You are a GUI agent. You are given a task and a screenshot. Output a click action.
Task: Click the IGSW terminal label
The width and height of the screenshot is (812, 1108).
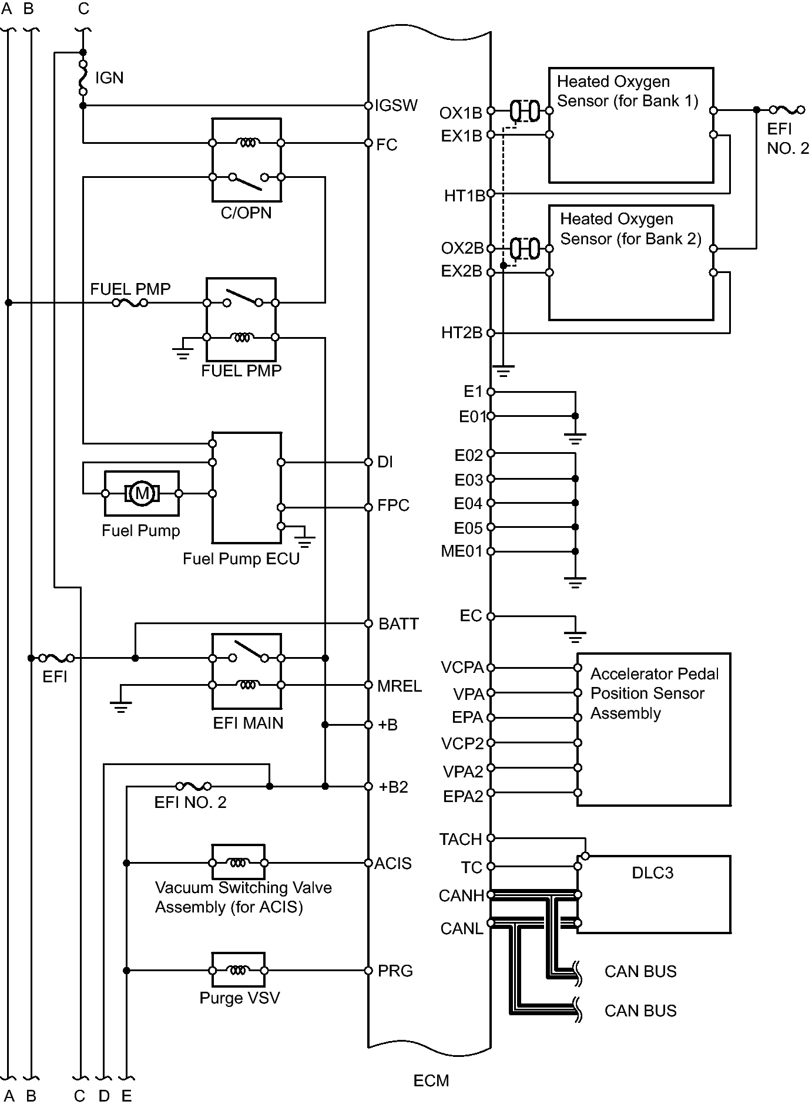[x=397, y=106]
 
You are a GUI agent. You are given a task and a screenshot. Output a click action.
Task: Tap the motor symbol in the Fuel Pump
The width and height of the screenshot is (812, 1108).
[x=142, y=493]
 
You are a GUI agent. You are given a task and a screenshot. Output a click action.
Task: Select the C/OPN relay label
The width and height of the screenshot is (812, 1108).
[x=246, y=213]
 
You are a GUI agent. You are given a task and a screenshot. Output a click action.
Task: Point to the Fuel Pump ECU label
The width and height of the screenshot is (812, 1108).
[x=241, y=558]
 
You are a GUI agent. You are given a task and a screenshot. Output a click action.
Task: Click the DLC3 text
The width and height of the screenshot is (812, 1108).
[x=652, y=873]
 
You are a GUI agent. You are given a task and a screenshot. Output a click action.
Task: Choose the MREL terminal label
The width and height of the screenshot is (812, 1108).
[x=400, y=686]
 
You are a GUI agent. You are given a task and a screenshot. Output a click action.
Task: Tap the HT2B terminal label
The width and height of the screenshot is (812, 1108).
[x=462, y=333]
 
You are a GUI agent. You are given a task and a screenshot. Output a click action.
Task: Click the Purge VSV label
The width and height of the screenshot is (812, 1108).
[x=240, y=998]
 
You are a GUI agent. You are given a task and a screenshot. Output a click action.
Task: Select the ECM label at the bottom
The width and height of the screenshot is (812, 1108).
[x=431, y=1080]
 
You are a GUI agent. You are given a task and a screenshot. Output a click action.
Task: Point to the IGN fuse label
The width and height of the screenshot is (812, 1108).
[x=109, y=78]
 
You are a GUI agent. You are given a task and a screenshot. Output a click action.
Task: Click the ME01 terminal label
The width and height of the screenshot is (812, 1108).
[x=461, y=551]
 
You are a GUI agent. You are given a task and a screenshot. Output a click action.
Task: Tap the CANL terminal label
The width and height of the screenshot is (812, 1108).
[x=462, y=928]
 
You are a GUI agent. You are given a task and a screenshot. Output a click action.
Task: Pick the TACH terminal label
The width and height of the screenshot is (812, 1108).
[x=461, y=840]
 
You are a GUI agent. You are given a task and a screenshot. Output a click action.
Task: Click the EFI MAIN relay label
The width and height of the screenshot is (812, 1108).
[x=248, y=723]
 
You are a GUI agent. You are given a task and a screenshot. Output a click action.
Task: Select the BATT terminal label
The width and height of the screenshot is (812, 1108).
[x=398, y=624]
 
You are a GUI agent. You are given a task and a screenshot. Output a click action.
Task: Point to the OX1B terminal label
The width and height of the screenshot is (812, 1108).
[x=461, y=113]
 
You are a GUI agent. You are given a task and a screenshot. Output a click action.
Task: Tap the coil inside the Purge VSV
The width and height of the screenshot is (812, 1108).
[x=238, y=971]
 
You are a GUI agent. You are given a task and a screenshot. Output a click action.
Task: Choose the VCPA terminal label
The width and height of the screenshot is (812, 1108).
[x=462, y=668]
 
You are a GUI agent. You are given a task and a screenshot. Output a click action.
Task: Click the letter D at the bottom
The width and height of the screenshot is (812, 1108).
[x=104, y=1096]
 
